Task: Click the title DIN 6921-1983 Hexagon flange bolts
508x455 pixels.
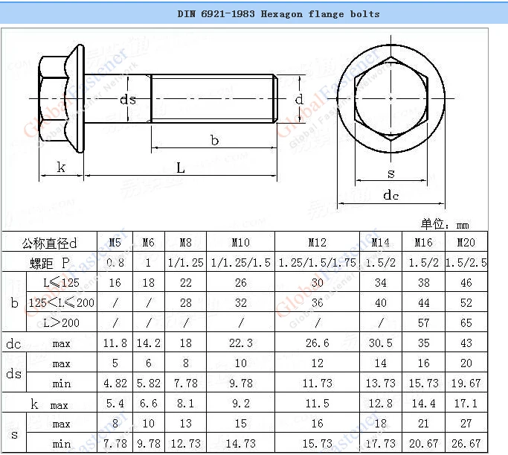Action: pyautogui.click(x=278, y=13)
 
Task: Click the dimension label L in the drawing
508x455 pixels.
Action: pyautogui.click(x=181, y=168)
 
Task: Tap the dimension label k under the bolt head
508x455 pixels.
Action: pyautogui.click(x=61, y=168)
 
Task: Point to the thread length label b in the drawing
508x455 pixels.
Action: pyautogui.click(x=214, y=141)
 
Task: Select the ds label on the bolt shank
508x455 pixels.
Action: pyautogui.click(x=128, y=100)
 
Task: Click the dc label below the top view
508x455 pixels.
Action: pyautogui.click(x=390, y=195)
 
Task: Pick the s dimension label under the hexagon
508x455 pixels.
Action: pyautogui.click(x=391, y=174)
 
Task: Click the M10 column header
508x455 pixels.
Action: pyautogui.click(x=240, y=243)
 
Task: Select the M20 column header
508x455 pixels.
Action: pyautogui.click(x=466, y=243)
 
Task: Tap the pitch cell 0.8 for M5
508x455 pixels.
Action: pyautogui.click(x=115, y=263)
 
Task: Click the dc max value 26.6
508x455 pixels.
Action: pyautogui.click(x=317, y=343)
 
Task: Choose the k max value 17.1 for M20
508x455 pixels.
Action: pyautogui.click(x=466, y=404)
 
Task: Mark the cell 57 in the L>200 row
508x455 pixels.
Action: pyautogui.click(x=423, y=323)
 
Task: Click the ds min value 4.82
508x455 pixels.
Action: pyautogui.click(x=115, y=384)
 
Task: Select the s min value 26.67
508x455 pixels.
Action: pyautogui.click(x=466, y=444)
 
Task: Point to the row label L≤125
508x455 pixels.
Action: pyautogui.click(x=62, y=283)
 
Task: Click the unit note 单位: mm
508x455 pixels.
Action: pyautogui.click(x=446, y=224)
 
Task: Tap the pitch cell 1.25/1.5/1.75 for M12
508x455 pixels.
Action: pyautogui.click(x=317, y=263)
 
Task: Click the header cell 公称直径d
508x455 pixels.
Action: pyautogui.click(x=50, y=243)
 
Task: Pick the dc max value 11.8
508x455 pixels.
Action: pyautogui.click(x=115, y=343)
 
